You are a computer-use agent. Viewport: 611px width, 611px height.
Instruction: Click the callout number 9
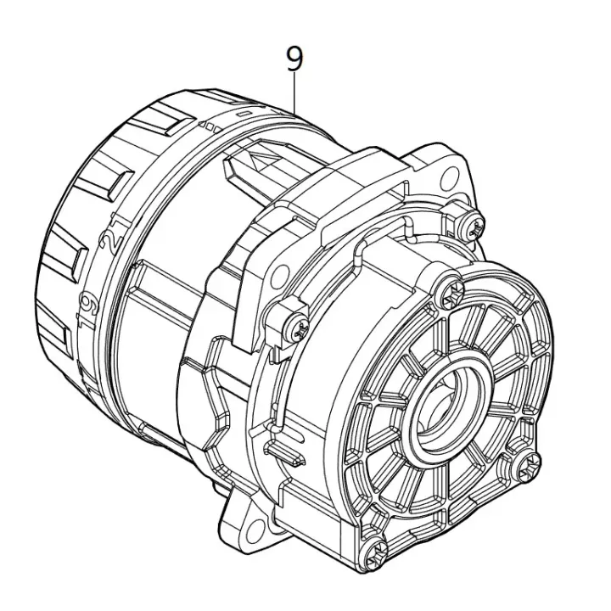click(294, 59)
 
